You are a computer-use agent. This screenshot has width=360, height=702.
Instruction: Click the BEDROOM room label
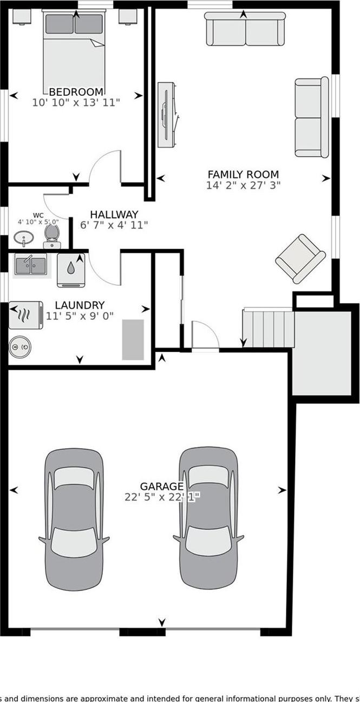coord(76,91)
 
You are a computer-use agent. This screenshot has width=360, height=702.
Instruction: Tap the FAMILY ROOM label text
coord(243,174)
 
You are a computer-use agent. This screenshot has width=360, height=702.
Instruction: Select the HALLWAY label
coord(114,214)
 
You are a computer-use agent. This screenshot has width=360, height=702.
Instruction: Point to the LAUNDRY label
coord(80,306)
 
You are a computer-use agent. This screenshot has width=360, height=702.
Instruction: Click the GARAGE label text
coord(161,486)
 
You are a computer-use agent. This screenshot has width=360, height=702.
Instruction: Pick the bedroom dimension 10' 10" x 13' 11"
coord(76,102)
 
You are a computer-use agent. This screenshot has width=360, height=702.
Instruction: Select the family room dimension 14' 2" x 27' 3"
coord(243,185)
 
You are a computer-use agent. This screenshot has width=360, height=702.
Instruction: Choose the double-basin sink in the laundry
coord(30,265)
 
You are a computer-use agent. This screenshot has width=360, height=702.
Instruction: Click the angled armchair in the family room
coord(300,258)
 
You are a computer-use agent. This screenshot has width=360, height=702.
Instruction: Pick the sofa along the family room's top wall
coord(245,30)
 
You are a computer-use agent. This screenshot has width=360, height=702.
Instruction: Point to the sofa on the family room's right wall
coord(311,117)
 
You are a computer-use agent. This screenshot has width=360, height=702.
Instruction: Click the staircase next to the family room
coord(268,328)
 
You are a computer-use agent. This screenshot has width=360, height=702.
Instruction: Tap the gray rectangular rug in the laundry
coord(133,339)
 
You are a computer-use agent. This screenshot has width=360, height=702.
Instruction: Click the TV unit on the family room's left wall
coord(166,114)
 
